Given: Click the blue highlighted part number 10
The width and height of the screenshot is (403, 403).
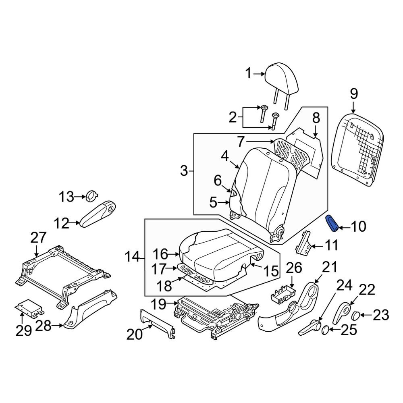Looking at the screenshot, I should pyautogui.click(x=332, y=224).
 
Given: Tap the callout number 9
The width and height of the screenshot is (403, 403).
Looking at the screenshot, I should pyautogui.click(x=353, y=94).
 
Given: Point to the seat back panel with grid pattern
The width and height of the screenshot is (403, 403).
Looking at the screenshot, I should pyautogui.click(x=356, y=149).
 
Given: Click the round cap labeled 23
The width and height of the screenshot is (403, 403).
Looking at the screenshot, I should pyautogui.click(x=357, y=315).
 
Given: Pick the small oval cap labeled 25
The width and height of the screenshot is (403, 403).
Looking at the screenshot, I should pyautogui.click(x=325, y=330).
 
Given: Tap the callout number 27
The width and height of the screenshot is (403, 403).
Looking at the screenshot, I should pyautogui.click(x=38, y=238).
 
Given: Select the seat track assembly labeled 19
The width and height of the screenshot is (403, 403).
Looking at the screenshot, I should pyautogui.click(x=214, y=312).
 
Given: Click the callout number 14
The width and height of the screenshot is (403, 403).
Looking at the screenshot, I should pyautogui.click(x=133, y=256).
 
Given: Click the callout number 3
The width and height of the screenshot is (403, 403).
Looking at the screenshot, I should pyautogui.click(x=184, y=171).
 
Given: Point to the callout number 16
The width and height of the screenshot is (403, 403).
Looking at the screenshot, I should pyautogui.click(x=160, y=254).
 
